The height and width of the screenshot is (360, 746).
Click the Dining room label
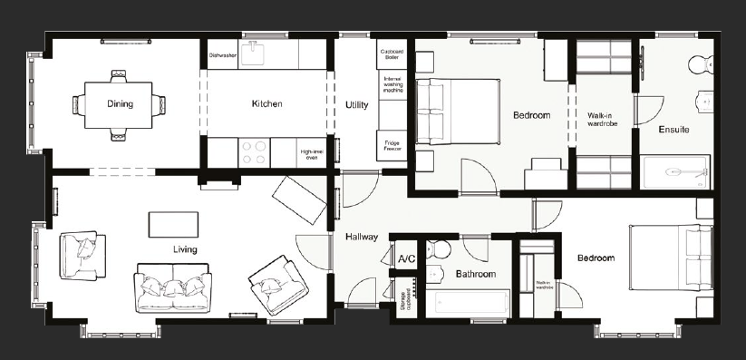tap(120, 104)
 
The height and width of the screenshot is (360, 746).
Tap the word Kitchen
tap(266, 104)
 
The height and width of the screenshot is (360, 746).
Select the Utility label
tap(356, 105)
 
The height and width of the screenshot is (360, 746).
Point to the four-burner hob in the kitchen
tap(253, 152)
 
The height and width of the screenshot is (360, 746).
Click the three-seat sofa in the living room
tap(172, 287)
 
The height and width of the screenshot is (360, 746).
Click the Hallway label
tap(362, 237)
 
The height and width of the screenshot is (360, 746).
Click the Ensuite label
tap(673, 130)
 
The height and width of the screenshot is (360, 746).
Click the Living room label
tap(185, 249)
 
